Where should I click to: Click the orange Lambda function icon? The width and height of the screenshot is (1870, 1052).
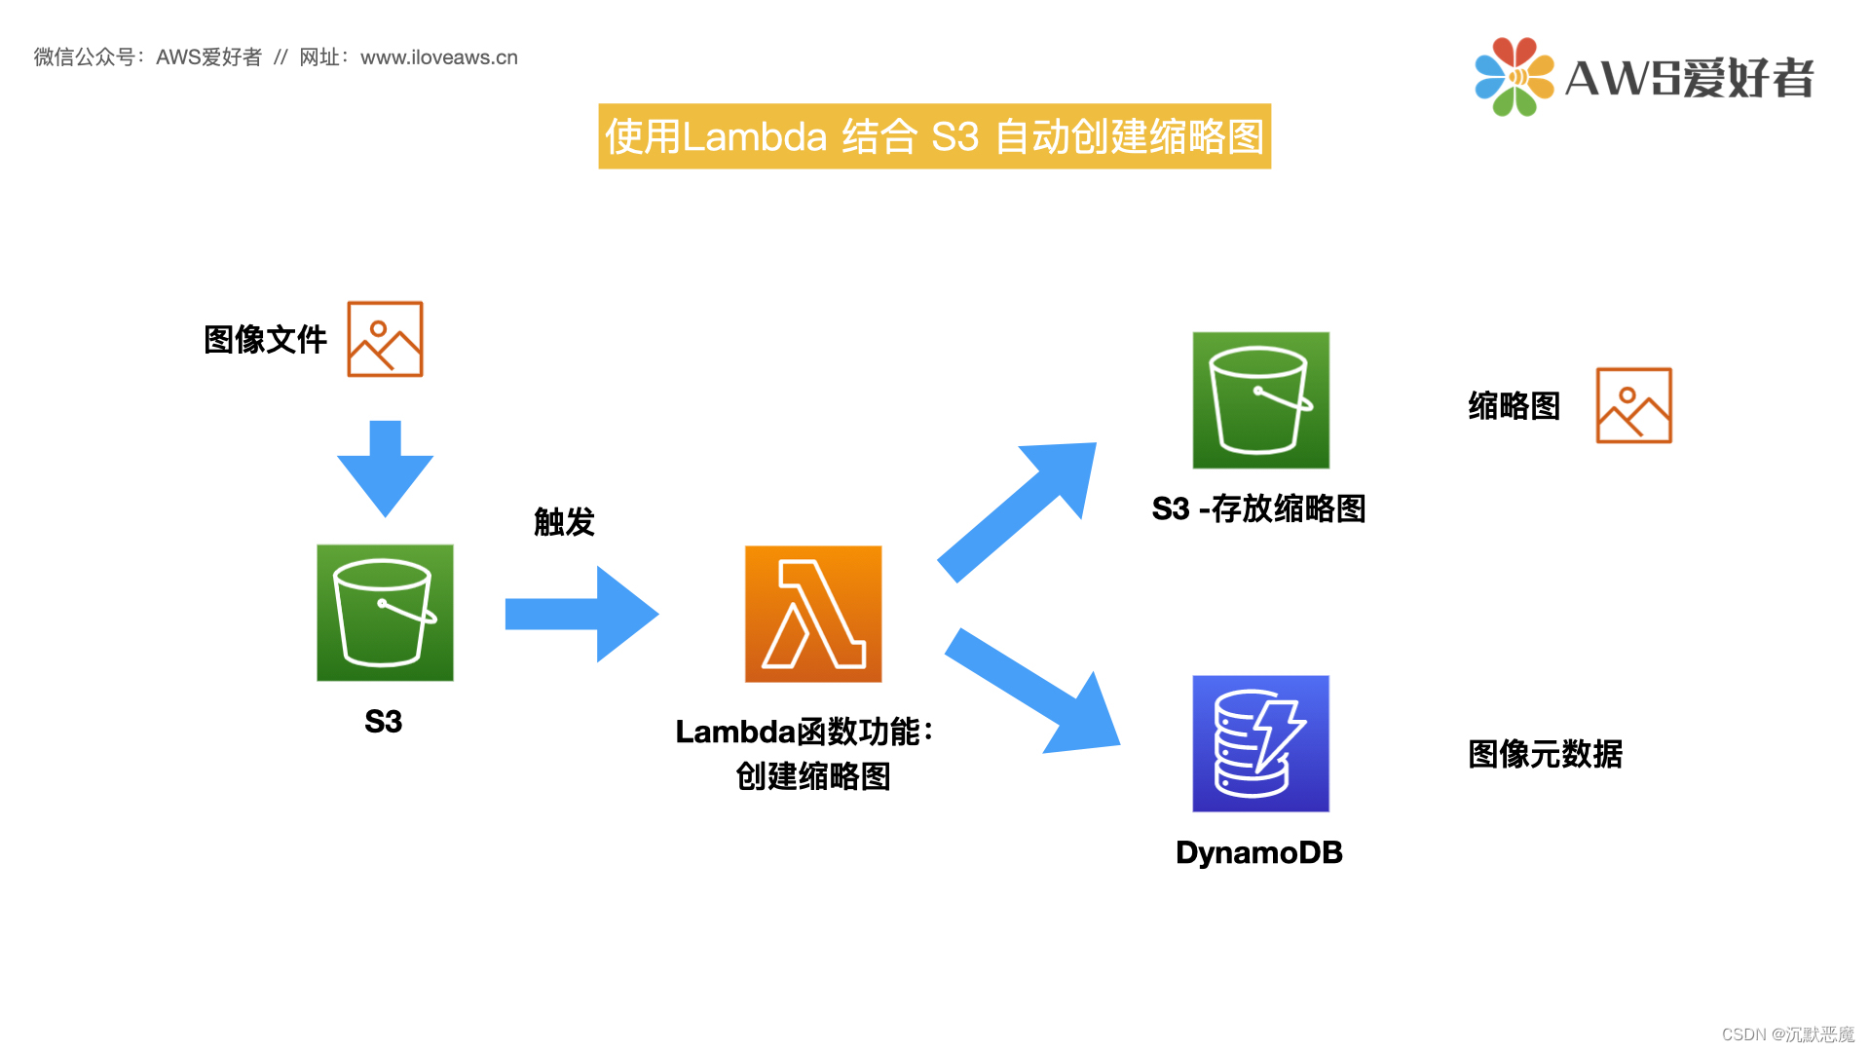(x=813, y=614)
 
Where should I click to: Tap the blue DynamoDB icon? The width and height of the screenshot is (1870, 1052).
(x=1260, y=743)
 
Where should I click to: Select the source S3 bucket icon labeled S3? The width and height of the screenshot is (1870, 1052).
(x=385, y=612)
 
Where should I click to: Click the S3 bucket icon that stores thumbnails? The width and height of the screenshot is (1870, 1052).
(x=1260, y=399)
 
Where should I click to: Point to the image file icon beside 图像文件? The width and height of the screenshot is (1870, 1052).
(x=385, y=339)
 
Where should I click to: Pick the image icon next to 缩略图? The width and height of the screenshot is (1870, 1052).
(x=1633, y=405)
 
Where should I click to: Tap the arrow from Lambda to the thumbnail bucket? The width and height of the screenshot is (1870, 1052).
(x=1017, y=510)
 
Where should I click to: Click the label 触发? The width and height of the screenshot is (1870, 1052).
(x=564, y=522)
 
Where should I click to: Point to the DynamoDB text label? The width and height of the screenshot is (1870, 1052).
(x=1258, y=852)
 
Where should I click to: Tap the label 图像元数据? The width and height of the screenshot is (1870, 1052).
(x=1545, y=754)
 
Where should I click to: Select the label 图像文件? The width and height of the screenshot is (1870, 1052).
(x=265, y=340)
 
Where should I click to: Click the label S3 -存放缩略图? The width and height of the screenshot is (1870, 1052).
(x=1258, y=508)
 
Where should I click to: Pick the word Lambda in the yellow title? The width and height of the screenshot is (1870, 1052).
(x=755, y=137)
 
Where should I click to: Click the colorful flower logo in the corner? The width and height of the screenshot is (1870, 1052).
(x=1514, y=77)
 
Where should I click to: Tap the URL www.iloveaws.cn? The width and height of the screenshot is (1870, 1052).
(x=439, y=57)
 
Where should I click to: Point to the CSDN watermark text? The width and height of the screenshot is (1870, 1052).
(x=1787, y=1034)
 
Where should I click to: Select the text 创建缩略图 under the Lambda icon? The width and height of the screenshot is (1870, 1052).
(x=813, y=776)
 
